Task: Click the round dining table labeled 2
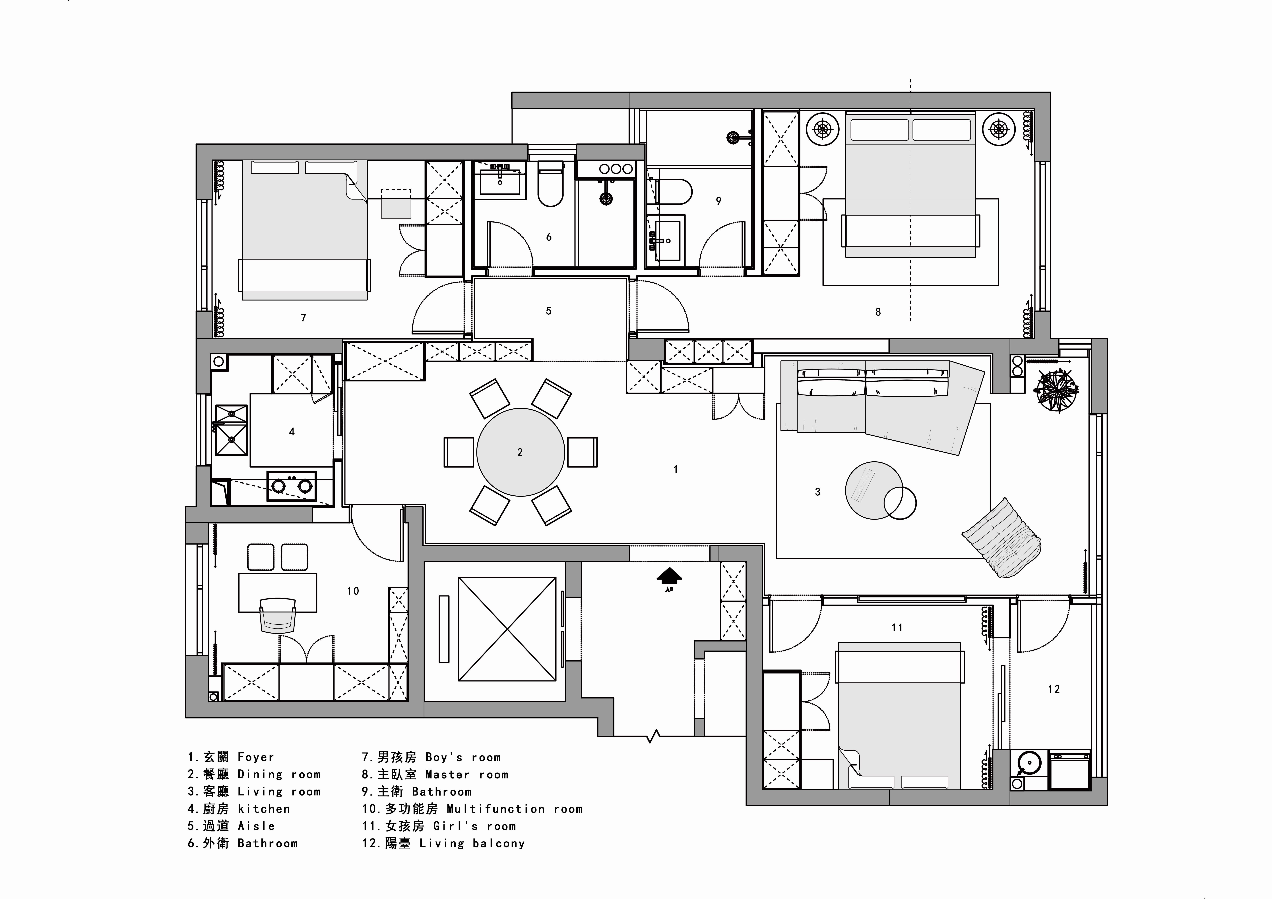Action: (x=520, y=452)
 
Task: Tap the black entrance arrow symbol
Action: (x=669, y=577)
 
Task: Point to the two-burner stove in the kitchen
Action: (x=291, y=486)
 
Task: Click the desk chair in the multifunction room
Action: (x=278, y=615)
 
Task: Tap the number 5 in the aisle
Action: (x=548, y=311)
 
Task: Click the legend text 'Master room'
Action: (x=466, y=774)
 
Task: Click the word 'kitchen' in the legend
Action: (x=264, y=809)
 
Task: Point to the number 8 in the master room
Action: (x=877, y=312)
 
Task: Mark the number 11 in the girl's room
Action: (x=897, y=628)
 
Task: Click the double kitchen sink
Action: (x=231, y=430)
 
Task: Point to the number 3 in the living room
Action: (x=817, y=491)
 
